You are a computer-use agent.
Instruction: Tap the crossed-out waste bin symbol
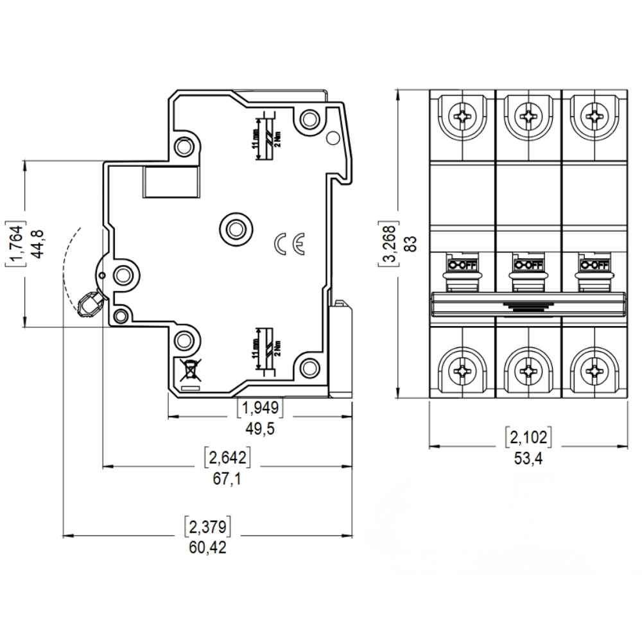pos(190,371)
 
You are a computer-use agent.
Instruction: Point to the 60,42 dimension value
pos(207,547)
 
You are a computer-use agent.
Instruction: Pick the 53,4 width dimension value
pos(528,458)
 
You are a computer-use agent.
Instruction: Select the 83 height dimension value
pos(412,243)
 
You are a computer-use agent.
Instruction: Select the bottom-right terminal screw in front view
pos(594,370)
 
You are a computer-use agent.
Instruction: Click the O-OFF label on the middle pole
pos(528,265)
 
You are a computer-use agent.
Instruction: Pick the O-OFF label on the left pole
pos(462,265)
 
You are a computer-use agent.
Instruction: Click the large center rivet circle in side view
pos(235,228)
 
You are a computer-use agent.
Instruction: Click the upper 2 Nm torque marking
pos(277,135)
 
